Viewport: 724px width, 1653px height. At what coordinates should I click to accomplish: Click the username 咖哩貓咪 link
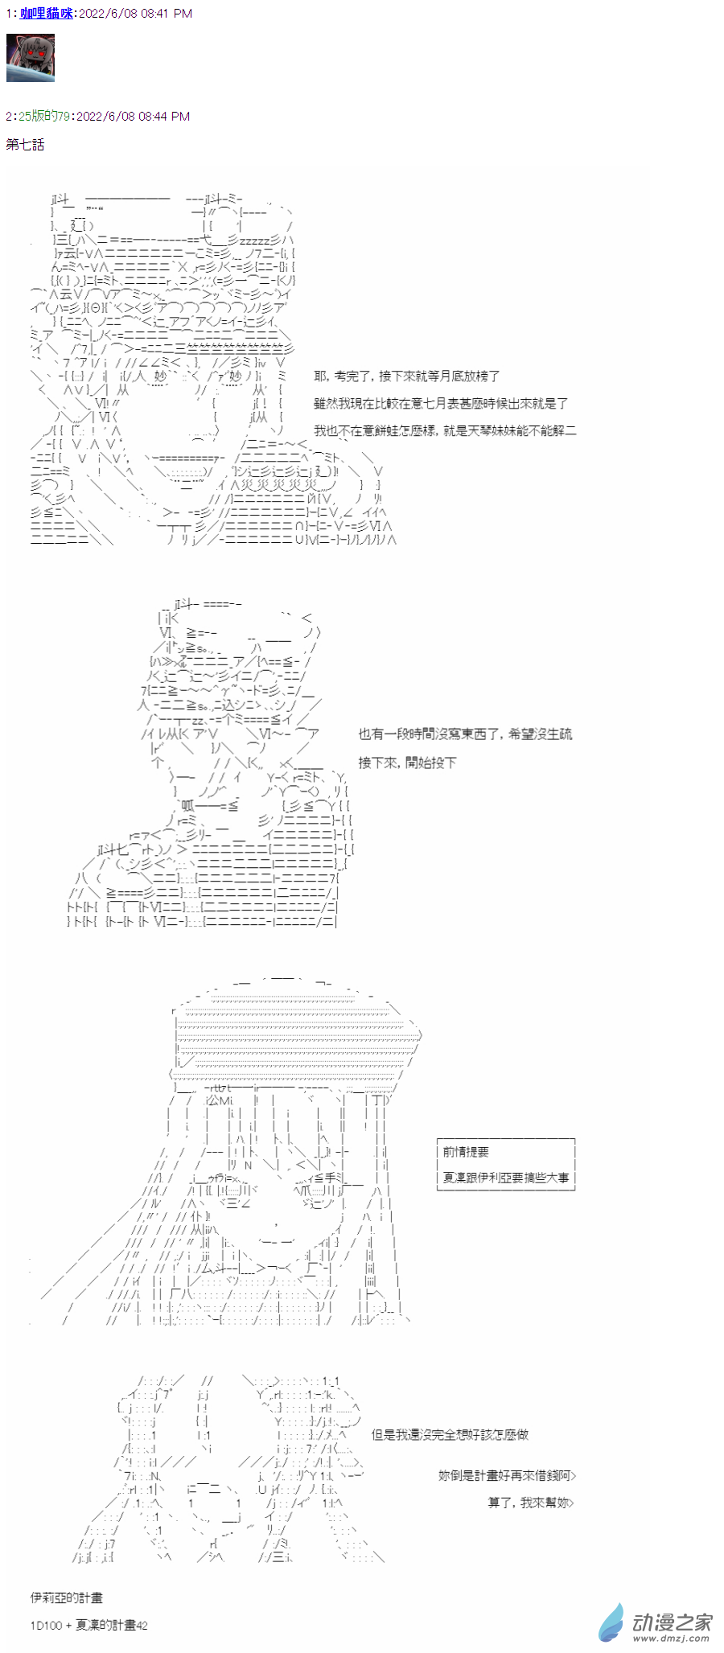coord(46,14)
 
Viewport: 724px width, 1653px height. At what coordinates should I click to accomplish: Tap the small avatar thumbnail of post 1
coord(31,58)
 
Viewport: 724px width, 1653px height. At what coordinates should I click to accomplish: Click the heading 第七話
coord(25,145)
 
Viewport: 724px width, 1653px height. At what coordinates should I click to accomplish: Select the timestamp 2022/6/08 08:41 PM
coord(135,14)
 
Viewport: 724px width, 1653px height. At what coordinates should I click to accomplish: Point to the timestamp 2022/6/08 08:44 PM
coord(133,117)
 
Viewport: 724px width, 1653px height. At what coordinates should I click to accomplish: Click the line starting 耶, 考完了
coord(406,376)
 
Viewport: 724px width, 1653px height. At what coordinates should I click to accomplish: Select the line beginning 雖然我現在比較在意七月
coord(441,404)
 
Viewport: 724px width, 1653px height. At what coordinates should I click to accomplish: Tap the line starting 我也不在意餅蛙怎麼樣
coord(445,431)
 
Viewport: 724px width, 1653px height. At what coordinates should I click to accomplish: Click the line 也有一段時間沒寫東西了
coord(465,734)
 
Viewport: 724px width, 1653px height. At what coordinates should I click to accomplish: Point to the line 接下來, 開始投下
coord(407,763)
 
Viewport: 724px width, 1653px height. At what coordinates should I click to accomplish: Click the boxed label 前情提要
coord(466,1152)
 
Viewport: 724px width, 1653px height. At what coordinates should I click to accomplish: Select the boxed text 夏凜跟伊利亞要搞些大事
coord(505,1178)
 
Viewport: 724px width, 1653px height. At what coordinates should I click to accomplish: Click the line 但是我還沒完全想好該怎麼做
coord(450,1434)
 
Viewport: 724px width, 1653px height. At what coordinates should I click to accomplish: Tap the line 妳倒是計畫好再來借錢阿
coord(507,1475)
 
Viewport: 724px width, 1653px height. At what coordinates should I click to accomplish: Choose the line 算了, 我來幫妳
coord(531,1503)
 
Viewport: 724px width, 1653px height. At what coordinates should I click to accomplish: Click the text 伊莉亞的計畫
coord(67,1597)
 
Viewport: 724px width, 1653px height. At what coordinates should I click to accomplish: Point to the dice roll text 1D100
coord(46,1626)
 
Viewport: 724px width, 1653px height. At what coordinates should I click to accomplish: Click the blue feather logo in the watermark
coord(611,1622)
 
